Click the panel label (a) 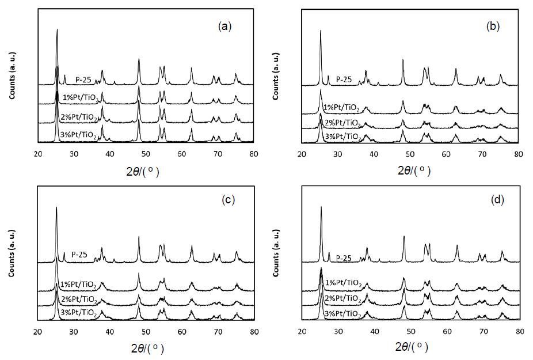point(224,26)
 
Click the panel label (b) point(493,26)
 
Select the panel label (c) point(228,200)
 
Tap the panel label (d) point(497,200)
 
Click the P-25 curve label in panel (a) point(83,80)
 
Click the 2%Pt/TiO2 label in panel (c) point(79,300)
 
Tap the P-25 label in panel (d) point(344,258)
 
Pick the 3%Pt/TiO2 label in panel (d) point(343,314)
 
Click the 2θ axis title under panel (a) point(143,172)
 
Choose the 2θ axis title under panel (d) point(412,347)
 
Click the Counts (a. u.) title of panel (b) point(276,76)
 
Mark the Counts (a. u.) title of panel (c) point(12,253)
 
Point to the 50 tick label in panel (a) point(146,154)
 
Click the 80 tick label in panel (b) point(519,154)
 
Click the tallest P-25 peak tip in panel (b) point(321,31)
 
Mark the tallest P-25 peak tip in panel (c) point(56,207)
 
